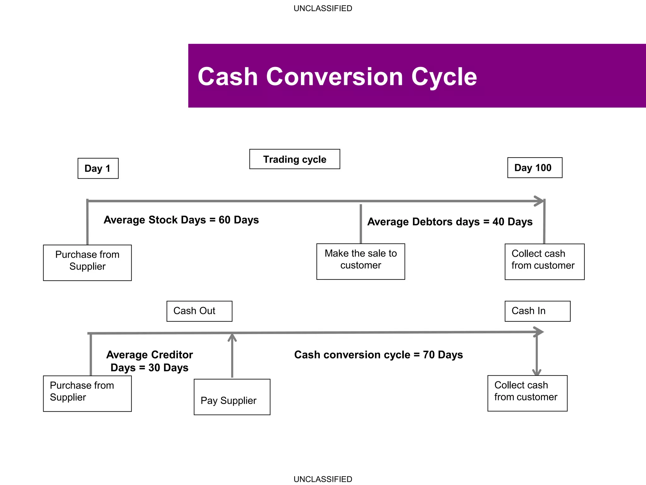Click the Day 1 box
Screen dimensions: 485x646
98,168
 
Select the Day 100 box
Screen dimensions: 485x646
534,168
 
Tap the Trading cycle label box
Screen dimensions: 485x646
294,159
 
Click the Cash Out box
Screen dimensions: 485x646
199,311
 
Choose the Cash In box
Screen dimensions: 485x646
537,311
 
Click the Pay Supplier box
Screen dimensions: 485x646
232,397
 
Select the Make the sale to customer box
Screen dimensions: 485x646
360,261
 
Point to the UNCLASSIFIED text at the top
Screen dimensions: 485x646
323,9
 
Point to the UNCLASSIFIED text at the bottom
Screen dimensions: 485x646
323,479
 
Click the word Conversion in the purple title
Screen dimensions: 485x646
334,77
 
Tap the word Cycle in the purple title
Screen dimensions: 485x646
444,77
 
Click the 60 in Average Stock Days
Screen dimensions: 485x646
224,220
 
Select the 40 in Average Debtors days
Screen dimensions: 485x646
498,222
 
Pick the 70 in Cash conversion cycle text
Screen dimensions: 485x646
429,355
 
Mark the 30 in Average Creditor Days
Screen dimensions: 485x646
154,368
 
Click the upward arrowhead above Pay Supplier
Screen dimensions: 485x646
232,337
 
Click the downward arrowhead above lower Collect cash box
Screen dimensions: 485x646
537,372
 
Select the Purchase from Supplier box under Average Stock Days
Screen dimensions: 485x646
87,262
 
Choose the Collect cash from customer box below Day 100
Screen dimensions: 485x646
544,261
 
